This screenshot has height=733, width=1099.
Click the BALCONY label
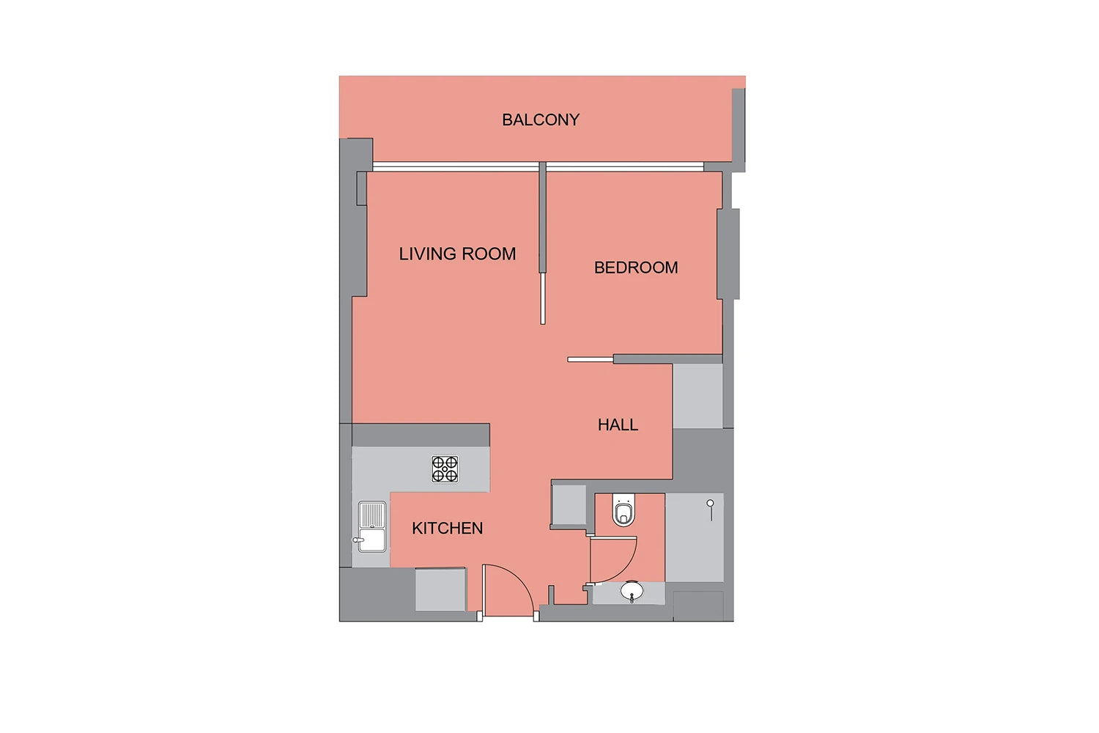pyautogui.click(x=541, y=119)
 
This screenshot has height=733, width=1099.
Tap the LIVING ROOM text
pyautogui.click(x=457, y=254)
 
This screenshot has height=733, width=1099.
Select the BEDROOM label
pyautogui.click(x=636, y=268)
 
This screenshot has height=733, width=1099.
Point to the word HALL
pyautogui.click(x=618, y=424)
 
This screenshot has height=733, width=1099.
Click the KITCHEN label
pyautogui.click(x=448, y=528)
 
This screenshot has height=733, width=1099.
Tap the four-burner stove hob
pyautogui.click(x=445, y=469)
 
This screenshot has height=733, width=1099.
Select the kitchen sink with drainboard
pyautogui.click(x=372, y=527)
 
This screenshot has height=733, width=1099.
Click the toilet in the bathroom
pyautogui.click(x=623, y=509)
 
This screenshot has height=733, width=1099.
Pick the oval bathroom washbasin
pyautogui.click(x=632, y=591)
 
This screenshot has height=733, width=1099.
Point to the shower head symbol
pyautogui.click(x=711, y=509)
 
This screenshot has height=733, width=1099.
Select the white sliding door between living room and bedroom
pyautogui.click(x=543, y=298)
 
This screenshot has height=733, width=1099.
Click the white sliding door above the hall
pyautogui.click(x=591, y=360)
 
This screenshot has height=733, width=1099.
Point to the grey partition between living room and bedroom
pyautogui.click(x=543, y=217)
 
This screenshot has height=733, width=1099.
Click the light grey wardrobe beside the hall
pyautogui.click(x=697, y=397)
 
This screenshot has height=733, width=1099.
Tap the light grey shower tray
pyautogui.click(x=695, y=537)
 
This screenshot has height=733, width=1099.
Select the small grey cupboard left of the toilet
pyautogui.click(x=569, y=505)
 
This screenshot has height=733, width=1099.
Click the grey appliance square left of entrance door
pyautogui.click(x=440, y=589)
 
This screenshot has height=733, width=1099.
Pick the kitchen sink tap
pyautogui.click(x=358, y=540)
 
